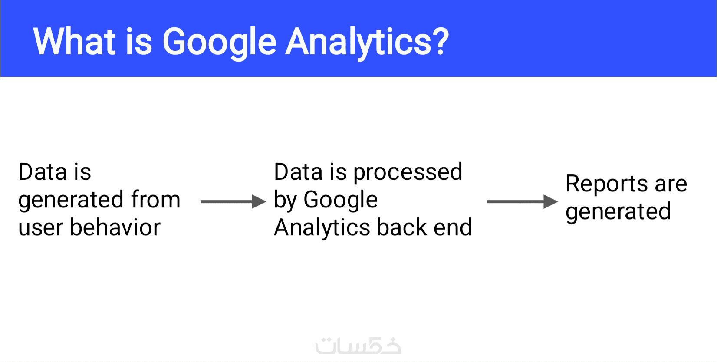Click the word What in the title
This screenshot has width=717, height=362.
74,42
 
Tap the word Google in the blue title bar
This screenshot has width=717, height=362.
219,43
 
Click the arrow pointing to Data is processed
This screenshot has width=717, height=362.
234,202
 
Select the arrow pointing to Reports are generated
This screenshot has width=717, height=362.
522,202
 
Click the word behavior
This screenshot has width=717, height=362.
115,227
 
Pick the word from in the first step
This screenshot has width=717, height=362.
156,199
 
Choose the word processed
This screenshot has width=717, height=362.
408,173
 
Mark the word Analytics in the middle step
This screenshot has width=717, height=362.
322,228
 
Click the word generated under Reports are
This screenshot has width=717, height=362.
618,212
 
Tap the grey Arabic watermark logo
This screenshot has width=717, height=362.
358,346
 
